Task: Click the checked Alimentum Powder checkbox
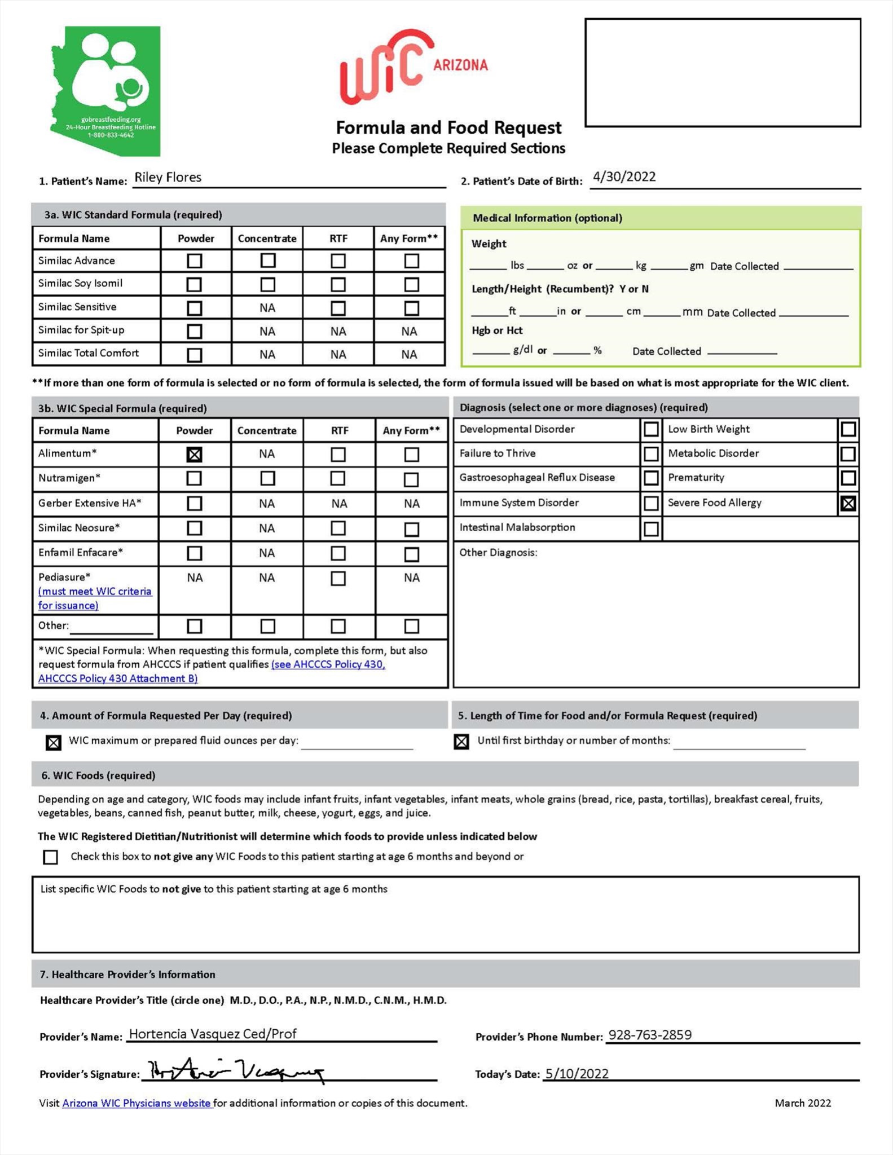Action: tap(194, 454)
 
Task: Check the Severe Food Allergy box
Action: tap(848, 503)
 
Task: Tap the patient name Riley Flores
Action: tap(168, 177)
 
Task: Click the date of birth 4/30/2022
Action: tap(624, 177)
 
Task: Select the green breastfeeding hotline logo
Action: tap(106, 90)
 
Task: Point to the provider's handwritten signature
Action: tap(237, 1070)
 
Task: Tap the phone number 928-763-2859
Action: tap(650, 1034)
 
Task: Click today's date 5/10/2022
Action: tap(576, 1073)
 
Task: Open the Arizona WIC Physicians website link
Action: tap(137, 1103)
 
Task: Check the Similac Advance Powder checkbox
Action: tap(194, 261)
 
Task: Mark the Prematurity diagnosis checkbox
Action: tap(848, 478)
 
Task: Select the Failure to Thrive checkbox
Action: tap(651, 453)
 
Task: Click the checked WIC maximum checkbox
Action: tap(54, 742)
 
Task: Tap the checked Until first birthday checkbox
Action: tap(461, 742)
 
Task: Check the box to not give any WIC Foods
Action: tap(51, 857)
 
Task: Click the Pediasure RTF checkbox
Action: tap(338, 578)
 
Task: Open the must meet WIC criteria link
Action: tap(95, 598)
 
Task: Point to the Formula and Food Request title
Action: tap(448, 127)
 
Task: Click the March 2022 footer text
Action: tap(802, 1103)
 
